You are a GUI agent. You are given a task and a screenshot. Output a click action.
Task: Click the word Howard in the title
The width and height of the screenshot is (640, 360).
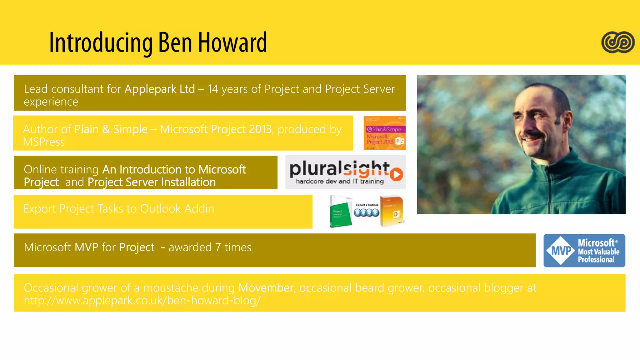click(232, 43)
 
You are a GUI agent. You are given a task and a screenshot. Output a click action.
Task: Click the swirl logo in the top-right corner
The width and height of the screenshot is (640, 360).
click(617, 42)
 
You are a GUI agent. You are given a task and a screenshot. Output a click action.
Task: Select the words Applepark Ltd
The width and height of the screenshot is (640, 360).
click(160, 89)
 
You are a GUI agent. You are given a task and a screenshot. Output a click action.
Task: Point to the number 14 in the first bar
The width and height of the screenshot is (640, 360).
click(213, 89)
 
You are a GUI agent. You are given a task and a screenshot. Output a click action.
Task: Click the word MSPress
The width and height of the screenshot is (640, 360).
click(44, 142)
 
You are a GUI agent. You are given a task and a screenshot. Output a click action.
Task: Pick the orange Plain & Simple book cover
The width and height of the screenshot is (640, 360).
click(384, 133)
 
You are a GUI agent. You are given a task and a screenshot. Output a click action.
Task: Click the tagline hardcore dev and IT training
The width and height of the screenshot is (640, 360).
click(340, 181)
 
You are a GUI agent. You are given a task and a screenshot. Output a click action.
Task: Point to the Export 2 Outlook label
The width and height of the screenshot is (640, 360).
click(367, 205)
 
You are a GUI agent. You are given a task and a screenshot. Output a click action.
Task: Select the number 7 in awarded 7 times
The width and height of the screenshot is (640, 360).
click(218, 247)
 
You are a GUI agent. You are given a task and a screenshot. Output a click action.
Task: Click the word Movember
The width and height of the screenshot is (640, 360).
click(266, 287)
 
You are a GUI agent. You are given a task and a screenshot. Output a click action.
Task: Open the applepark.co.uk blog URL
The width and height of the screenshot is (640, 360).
click(142, 300)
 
